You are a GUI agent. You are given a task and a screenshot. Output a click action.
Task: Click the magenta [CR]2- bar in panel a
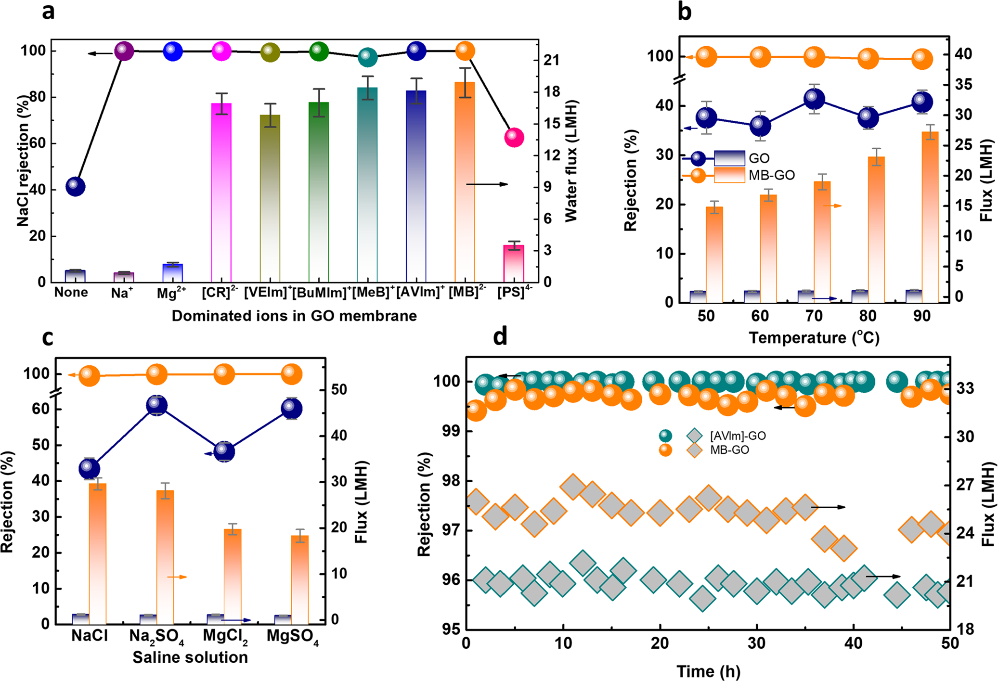tap(221, 193)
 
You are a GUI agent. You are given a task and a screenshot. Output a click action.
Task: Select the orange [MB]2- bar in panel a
tap(465, 183)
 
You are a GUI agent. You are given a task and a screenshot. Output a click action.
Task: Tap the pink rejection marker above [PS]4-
tap(514, 138)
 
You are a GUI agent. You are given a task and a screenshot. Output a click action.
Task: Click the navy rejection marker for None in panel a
tap(76, 186)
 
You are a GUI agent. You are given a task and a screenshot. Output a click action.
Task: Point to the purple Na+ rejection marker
tap(123, 50)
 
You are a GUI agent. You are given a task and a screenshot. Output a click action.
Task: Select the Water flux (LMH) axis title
tap(571, 161)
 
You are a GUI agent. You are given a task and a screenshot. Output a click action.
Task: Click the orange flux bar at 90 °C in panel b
tap(930, 217)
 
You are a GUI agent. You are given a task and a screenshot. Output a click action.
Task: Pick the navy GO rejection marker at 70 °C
tap(814, 99)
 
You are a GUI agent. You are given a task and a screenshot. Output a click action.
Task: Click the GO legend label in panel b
tap(759, 158)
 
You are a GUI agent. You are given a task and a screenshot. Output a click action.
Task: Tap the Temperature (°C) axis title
tap(814, 338)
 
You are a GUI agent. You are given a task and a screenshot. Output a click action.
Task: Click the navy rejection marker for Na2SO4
tap(157, 405)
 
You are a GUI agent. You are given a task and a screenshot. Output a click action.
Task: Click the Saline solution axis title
tap(190, 657)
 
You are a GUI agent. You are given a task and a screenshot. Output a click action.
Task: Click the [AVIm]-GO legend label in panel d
tap(738, 436)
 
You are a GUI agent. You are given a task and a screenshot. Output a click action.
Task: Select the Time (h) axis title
tap(708, 671)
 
